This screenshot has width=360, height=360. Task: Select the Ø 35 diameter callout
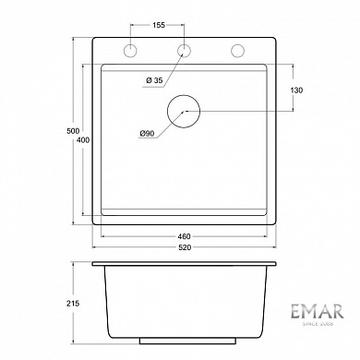154,81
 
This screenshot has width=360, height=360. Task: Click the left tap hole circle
131,49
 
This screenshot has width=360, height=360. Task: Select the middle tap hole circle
185,49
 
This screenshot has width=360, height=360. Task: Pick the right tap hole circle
237,49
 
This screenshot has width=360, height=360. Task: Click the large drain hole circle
185,110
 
